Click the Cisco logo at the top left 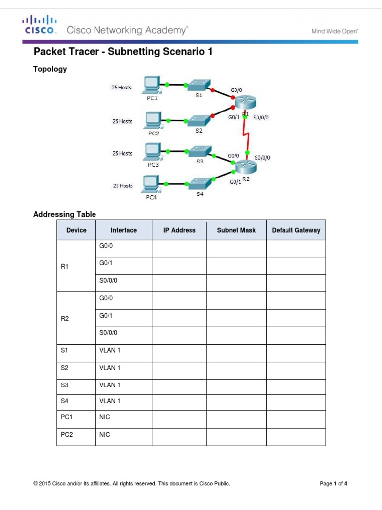[39, 24]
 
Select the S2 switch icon [199, 120]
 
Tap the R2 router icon [245, 168]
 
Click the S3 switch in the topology [199, 151]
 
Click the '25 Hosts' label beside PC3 [122, 153]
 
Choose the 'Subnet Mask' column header [236, 230]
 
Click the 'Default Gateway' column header [296, 230]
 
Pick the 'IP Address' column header [179, 230]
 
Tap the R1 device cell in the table [64, 266]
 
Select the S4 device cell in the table [64, 401]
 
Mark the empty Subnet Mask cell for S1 [236, 350]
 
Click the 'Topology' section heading [50, 69]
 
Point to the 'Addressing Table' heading [65, 214]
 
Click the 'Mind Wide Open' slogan [335, 31]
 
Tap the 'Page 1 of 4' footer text [333, 483]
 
